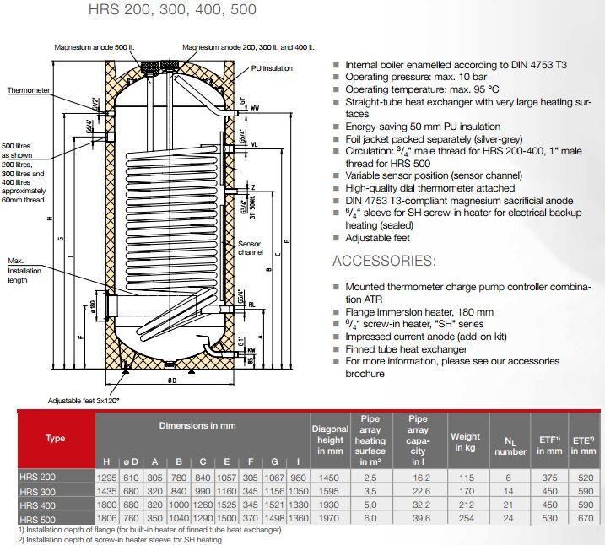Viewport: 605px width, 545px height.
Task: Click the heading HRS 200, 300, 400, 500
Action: coord(172,11)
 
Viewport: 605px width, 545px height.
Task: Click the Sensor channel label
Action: coord(251,247)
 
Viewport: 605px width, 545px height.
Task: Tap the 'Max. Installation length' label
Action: coord(25,270)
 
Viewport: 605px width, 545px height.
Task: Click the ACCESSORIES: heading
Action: coord(384,261)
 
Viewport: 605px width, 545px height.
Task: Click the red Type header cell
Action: coord(56,439)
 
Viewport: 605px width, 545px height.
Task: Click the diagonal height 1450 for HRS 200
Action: coord(330,478)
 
